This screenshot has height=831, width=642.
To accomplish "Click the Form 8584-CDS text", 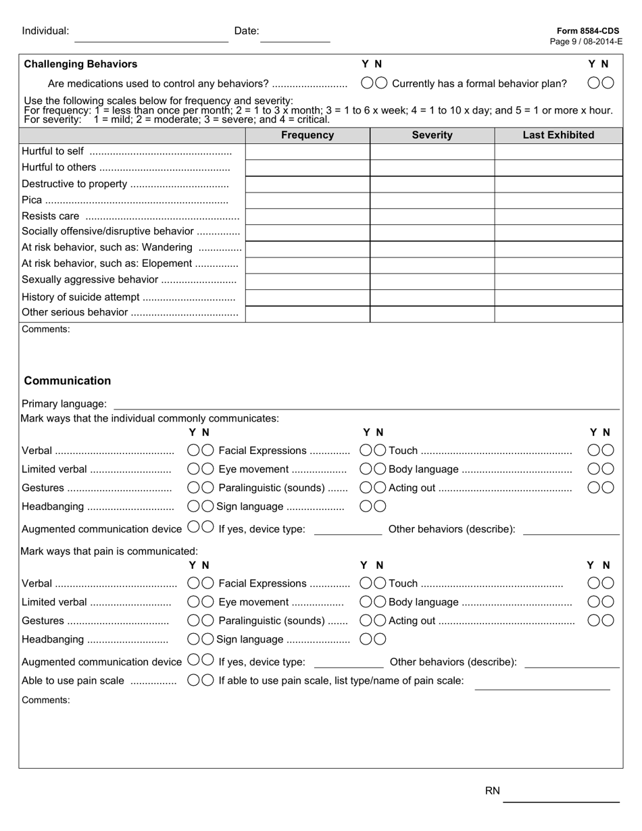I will (588, 31).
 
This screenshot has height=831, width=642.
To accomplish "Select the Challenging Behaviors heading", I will (80, 64).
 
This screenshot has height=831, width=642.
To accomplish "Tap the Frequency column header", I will (307, 135).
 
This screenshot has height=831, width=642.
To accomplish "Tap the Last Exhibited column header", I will (558, 135).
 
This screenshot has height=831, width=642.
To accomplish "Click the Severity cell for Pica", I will (432, 201).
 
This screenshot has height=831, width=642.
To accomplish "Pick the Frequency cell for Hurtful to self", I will (307, 151).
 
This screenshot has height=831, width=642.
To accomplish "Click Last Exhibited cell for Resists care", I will (558, 217).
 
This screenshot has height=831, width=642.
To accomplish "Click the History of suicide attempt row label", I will (80, 297).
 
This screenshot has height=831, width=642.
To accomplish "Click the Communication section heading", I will (68, 381).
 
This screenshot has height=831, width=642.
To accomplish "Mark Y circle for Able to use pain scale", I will (194, 680).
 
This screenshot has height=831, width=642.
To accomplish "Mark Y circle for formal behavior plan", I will (594, 83).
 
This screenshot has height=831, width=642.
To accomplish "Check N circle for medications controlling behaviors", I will (381, 83).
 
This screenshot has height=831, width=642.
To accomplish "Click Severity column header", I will (432, 135).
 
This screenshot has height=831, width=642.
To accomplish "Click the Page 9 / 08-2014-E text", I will (586, 42).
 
